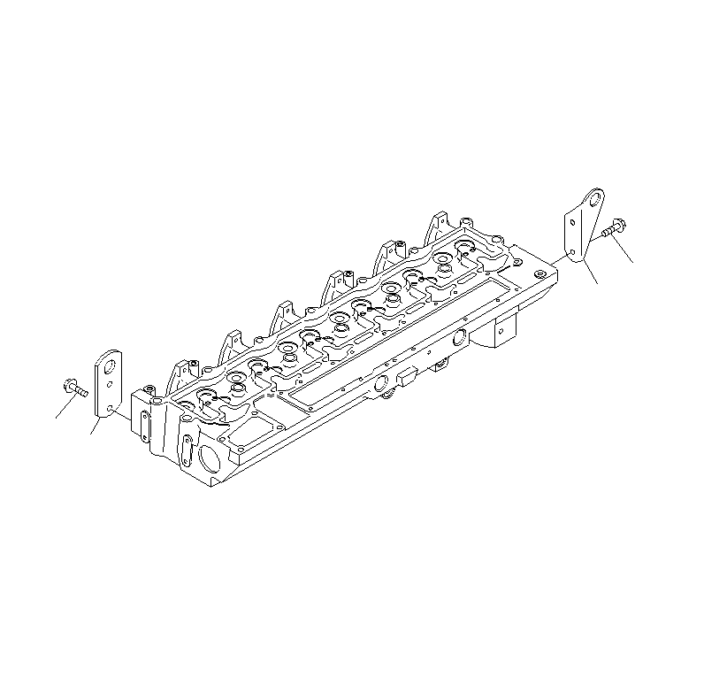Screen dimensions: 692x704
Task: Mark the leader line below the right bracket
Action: click(590, 273)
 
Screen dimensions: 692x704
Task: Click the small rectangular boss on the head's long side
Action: click(408, 380)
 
